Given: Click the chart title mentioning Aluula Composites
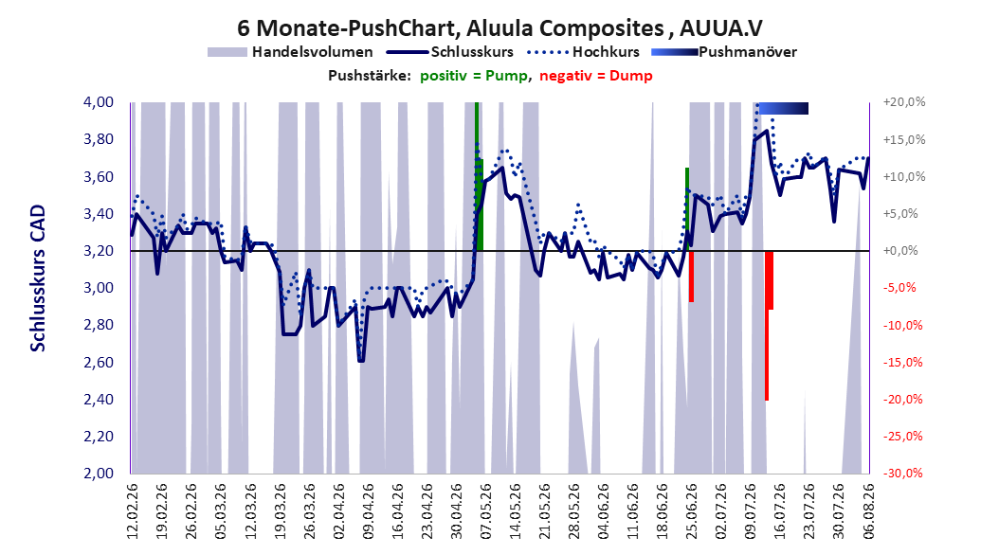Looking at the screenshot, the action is coord(499,28).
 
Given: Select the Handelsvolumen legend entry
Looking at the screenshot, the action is coord(290,52).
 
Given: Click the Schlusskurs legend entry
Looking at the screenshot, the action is coord(449,52).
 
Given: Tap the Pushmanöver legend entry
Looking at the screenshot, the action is coord(724,52).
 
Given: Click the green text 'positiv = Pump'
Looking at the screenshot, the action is coord(474,76).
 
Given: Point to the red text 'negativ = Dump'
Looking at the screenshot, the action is coord(596,76).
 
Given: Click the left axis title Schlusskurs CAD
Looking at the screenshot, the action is coord(38,278).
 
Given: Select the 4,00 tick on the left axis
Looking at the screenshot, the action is coord(99,102).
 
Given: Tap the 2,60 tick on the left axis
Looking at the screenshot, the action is coord(99,362).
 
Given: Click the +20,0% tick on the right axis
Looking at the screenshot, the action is coord(904,102).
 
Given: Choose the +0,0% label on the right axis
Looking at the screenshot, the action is coord(900,251).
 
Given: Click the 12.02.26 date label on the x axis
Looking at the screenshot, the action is coord(133,511).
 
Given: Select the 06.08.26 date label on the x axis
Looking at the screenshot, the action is coord(868,511).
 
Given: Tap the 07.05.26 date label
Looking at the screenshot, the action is coord(485,511).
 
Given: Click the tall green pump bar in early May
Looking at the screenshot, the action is coord(477,176).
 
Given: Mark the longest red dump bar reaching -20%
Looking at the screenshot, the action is coord(767,325).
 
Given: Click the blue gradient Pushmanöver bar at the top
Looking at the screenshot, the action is coord(783,108).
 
